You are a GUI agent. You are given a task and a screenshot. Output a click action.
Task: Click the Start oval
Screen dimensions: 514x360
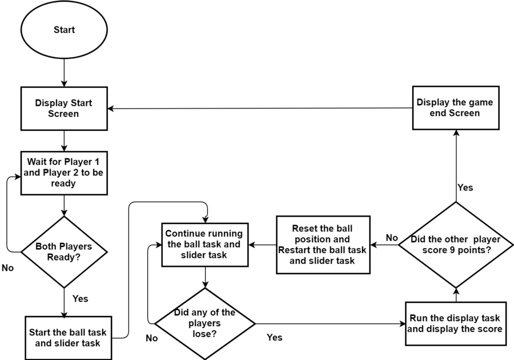pyautogui.click(x=64, y=30)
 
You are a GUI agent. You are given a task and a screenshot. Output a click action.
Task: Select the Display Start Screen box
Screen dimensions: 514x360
pyautogui.click(x=64, y=109)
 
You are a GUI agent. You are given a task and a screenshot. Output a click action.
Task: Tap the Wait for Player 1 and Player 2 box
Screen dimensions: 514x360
pyautogui.click(x=64, y=173)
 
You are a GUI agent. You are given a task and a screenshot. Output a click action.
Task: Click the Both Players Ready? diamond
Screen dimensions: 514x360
pyautogui.click(x=64, y=252)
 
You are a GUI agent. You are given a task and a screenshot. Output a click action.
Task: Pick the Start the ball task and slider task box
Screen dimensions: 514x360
pyautogui.click(x=68, y=338)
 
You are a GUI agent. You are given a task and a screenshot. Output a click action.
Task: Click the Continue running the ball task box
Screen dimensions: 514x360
pyautogui.click(x=205, y=245)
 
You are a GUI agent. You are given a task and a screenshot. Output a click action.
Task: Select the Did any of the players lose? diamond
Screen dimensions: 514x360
pyautogui.click(x=205, y=323)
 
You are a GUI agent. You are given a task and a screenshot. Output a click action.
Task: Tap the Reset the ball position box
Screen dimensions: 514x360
pyautogui.click(x=323, y=245)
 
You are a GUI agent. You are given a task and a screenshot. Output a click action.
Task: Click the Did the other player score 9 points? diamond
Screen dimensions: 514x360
pyautogui.click(x=456, y=245)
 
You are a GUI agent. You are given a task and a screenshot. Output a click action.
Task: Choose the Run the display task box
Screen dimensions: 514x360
pyautogui.click(x=456, y=323)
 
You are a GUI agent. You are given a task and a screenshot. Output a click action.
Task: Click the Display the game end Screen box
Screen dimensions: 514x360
pyautogui.click(x=456, y=108)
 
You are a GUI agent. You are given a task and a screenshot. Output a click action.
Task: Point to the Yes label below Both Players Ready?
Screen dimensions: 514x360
pyautogui.click(x=81, y=299)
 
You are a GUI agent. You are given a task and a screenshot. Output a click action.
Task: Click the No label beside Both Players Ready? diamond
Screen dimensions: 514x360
pyautogui.click(x=7, y=268)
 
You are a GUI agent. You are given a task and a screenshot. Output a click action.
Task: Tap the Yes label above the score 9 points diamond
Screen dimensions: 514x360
pyautogui.click(x=465, y=187)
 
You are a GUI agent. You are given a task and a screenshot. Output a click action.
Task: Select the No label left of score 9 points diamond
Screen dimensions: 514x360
pyautogui.click(x=392, y=238)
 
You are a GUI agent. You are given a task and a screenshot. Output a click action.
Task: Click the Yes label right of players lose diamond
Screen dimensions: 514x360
pyautogui.click(x=274, y=337)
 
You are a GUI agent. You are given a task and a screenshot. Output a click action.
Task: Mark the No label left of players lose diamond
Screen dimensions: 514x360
pyautogui.click(x=152, y=338)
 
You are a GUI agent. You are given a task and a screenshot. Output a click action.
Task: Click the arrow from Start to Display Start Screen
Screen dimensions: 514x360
pyautogui.click(x=64, y=73)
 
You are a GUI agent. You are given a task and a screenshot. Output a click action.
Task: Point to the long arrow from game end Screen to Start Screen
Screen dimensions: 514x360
pyautogui.click(x=260, y=108)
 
